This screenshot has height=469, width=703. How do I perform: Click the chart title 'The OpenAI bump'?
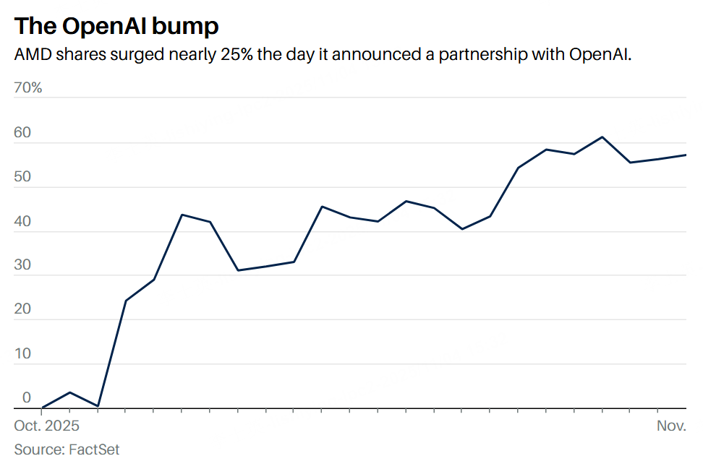click(116, 26)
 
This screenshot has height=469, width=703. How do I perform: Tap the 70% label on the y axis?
click(28, 88)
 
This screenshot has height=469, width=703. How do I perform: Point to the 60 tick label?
click(22, 133)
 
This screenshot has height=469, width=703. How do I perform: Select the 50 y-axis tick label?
click(22, 177)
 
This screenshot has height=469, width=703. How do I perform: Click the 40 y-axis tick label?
click(22, 221)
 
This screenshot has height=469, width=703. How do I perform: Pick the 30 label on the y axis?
click(22, 265)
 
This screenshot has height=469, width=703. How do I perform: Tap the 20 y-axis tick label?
click(22, 309)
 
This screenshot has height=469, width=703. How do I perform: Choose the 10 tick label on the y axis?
click(22, 353)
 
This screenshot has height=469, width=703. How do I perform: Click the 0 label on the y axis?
click(27, 397)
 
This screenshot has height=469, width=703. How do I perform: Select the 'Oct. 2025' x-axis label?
click(47, 426)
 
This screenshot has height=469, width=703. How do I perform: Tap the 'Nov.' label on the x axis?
click(671, 426)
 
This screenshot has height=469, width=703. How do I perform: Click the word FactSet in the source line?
click(94, 449)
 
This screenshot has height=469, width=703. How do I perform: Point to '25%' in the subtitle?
click(232, 55)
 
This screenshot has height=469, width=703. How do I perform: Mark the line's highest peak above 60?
click(602, 137)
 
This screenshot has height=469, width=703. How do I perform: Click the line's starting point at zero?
click(43, 408)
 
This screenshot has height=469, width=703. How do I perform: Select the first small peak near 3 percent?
click(69, 392)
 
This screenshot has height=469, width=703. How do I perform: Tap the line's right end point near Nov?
click(685, 155)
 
